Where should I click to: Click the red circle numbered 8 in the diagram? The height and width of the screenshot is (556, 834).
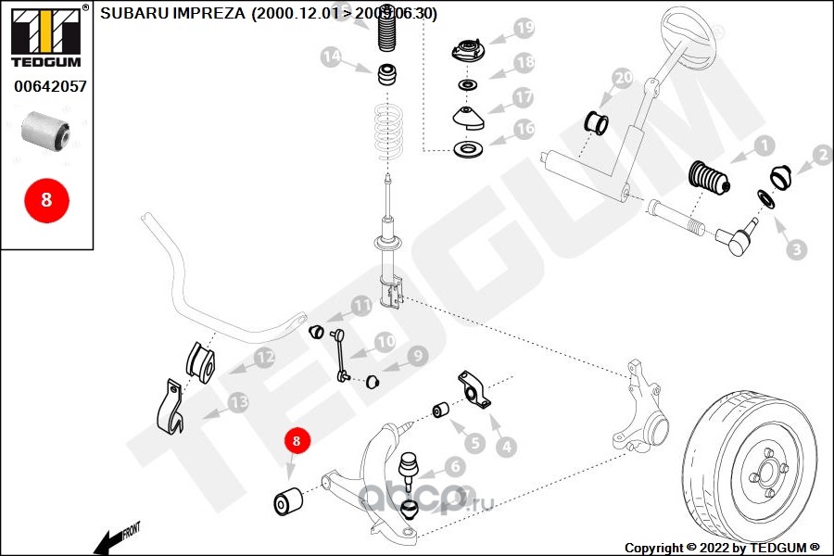[x=297, y=442]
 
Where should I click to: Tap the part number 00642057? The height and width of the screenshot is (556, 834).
[x=50, y=87]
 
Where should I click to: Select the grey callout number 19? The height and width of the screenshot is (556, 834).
[x=524, y=29]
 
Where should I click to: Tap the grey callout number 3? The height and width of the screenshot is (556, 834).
[x=796, y=248]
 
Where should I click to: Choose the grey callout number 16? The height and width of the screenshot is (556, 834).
[x=524, y=129]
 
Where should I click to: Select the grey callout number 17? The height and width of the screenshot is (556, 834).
[x=524, y=96]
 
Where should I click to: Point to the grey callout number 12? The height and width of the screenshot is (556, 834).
[x=264, y=357]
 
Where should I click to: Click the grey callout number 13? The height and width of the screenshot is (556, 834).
[x=238, y=402]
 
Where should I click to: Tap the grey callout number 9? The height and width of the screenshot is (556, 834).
[x=417, y=354]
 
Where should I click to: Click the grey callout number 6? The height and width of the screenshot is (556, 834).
[x=454, y=466]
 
